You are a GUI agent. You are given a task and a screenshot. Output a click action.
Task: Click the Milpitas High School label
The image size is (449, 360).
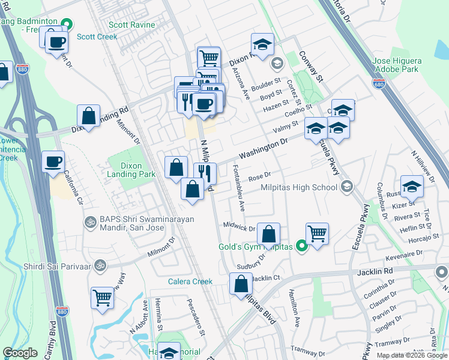coord(299,187)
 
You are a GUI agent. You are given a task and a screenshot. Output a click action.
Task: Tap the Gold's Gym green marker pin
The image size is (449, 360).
coord(302,246)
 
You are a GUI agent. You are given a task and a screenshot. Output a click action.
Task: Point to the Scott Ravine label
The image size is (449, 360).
coord(132,25)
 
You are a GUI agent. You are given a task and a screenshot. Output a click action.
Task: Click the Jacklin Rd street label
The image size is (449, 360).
coord(377,271)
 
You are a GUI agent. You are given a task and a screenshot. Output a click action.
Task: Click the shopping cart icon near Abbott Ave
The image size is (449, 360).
coord(102,297)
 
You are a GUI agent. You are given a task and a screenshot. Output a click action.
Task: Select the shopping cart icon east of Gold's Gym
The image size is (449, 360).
coord(317,232)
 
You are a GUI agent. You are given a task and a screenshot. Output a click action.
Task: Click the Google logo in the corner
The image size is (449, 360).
coord(20,353)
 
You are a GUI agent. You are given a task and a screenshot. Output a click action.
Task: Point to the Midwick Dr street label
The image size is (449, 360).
coord(240,227)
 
